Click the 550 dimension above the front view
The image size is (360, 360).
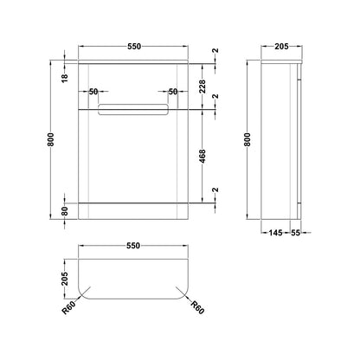click(134, 46)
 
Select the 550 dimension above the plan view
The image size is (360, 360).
click(133, 246)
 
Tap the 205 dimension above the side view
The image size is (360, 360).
click(281, 46)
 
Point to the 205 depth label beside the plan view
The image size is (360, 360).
click(65, 279)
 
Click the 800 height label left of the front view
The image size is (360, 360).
click(51, 139)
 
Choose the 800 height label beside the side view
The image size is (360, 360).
click(247, 139)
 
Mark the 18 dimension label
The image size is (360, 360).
click(65, 78)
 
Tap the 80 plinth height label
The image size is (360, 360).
click(65, 211)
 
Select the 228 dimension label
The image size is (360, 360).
click(202, 87)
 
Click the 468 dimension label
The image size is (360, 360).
click(202, 156)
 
